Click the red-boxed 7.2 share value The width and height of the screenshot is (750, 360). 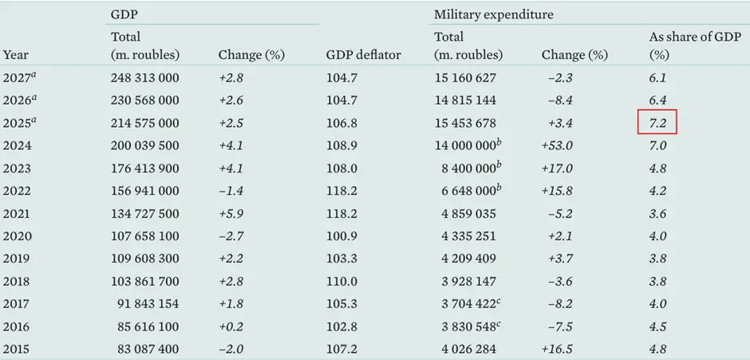click(658, 123)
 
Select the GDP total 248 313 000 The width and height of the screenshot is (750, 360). click(144, 78)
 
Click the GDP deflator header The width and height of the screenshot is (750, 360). click(363, 56)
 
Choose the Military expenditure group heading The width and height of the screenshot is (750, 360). click(493, 15)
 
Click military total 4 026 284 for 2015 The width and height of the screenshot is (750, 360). click(465, 350)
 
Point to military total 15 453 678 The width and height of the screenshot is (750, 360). click(465, 123)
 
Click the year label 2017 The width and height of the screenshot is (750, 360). click(17, 304)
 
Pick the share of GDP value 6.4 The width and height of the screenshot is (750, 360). click(657, 101)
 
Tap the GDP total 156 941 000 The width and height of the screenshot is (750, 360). click(144, 191)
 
